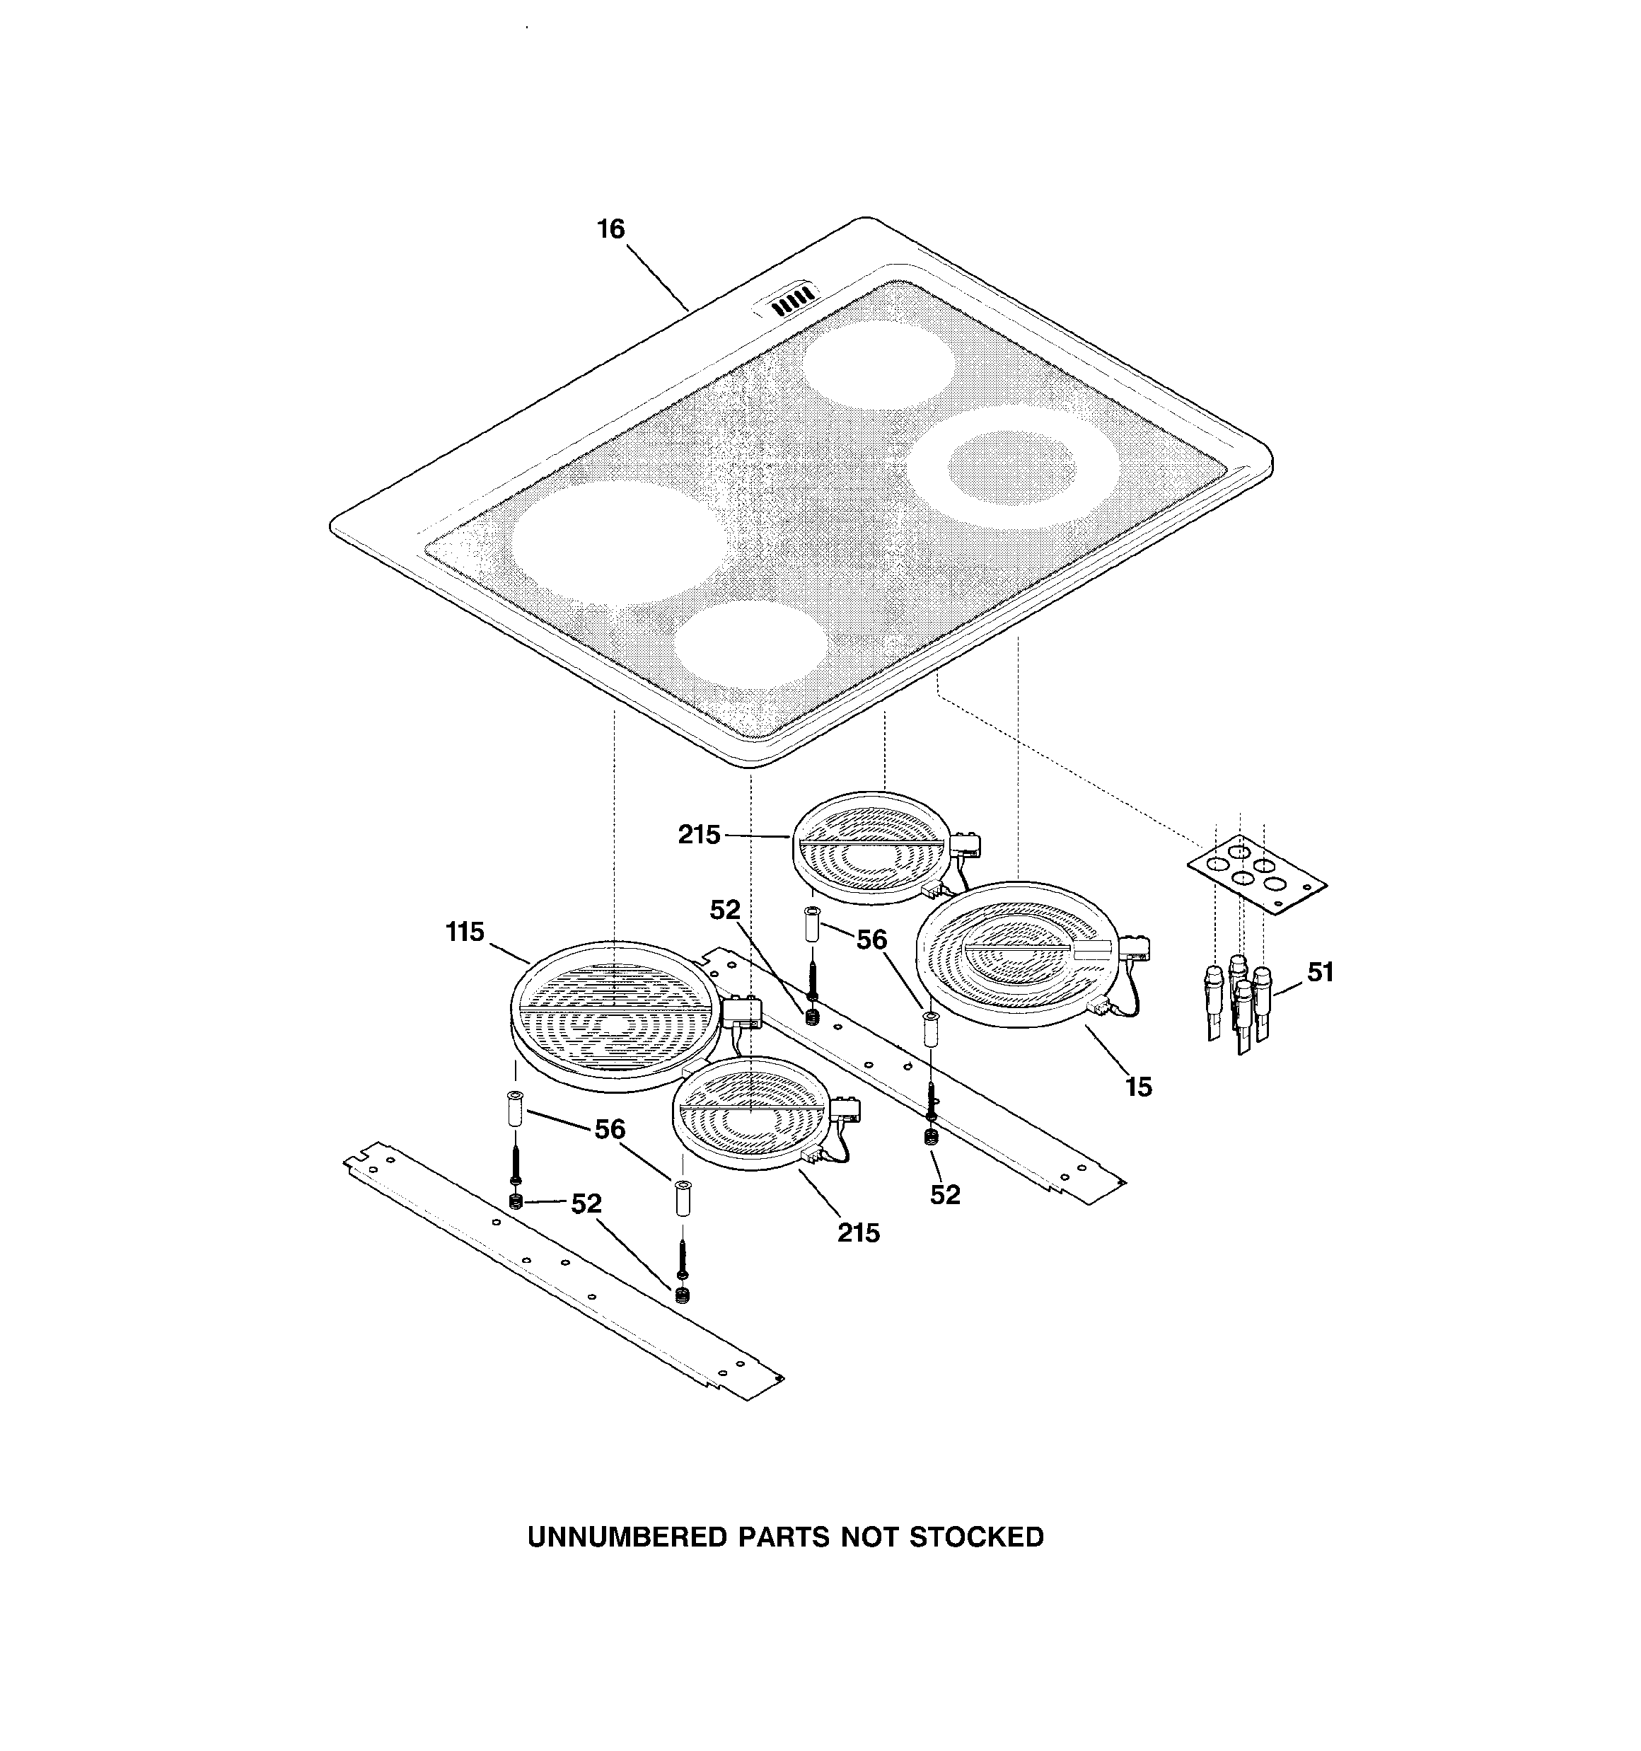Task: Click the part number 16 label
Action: tap(610, 229)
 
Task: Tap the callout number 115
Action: tap(465, 931)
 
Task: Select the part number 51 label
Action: tap(1319, 972)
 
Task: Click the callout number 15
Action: tap(1138, 1087)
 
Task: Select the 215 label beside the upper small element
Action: tap(699, 834)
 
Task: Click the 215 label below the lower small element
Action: tap(858, 1233)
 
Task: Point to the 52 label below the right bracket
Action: tap(944, 1194)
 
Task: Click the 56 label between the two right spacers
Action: tap(871, 940)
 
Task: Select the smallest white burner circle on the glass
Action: tap(750, 645)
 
